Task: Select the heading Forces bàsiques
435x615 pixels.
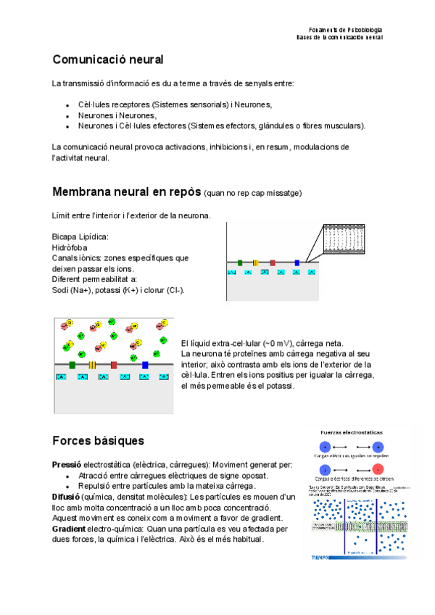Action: pos(99,440)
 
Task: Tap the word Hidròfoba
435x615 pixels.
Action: pos(70,247)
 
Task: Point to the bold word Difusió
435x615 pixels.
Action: pos(66,497)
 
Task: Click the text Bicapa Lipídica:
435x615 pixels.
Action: pos(80,237)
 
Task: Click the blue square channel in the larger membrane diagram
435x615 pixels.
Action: pos(145,365)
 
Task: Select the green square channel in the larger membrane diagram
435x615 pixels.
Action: pos(72,365)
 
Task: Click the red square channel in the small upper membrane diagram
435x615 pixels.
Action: pos(273,263)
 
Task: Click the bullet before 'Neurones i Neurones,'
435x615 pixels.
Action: pos(67,115)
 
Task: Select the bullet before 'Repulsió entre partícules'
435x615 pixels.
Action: pos(67,486)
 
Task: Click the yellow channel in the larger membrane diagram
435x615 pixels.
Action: pos(93,365)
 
